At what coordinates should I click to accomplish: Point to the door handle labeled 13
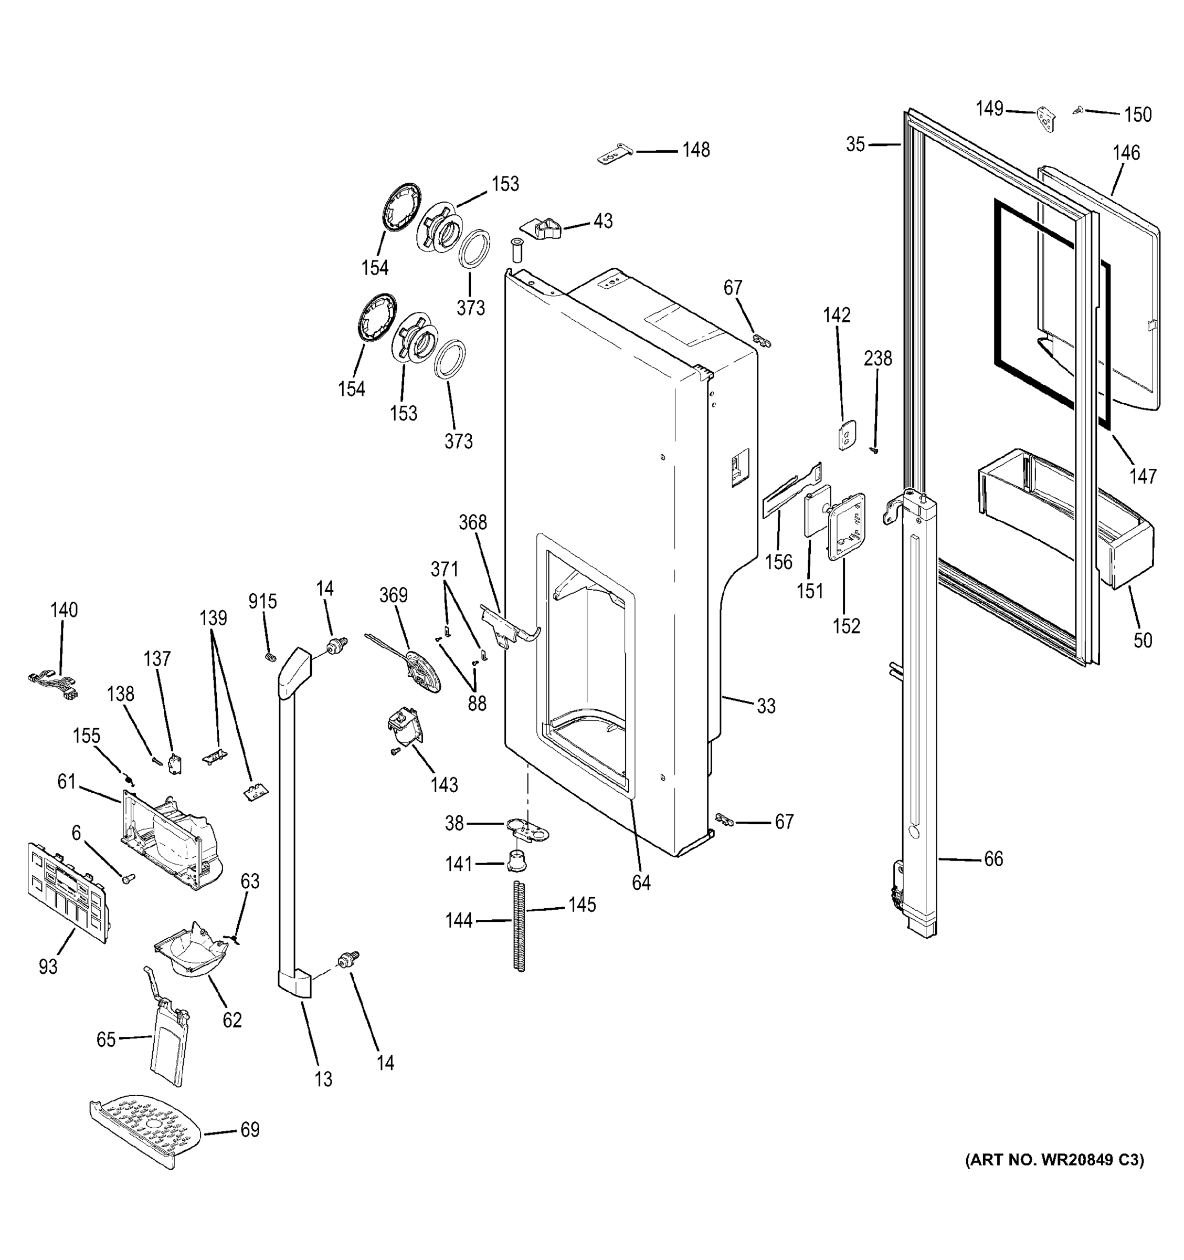pos(289,824)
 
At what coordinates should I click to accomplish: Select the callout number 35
pos(855,144)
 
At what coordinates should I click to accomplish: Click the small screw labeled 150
pos(1077,110)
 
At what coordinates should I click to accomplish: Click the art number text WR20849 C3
pos(1054,1178)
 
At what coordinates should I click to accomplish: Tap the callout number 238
pos(878,359)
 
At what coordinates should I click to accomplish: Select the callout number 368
pos(472,522)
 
